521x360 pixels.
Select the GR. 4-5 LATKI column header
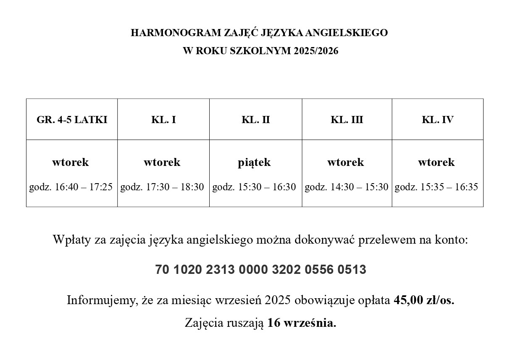coord(72,120)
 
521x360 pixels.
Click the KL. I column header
coord(163,120)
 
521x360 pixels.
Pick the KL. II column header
coord(255,120)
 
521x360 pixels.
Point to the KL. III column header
coord(347,120)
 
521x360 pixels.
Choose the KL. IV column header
coord(437,120)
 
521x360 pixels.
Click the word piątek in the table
coord(255,162)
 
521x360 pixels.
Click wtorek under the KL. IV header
coord(436,162)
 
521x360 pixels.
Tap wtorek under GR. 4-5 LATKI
coord(71,162)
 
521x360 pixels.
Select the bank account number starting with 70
coord(260,270)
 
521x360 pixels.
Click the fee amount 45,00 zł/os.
coord(424,301)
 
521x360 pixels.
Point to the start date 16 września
coord(302,323)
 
